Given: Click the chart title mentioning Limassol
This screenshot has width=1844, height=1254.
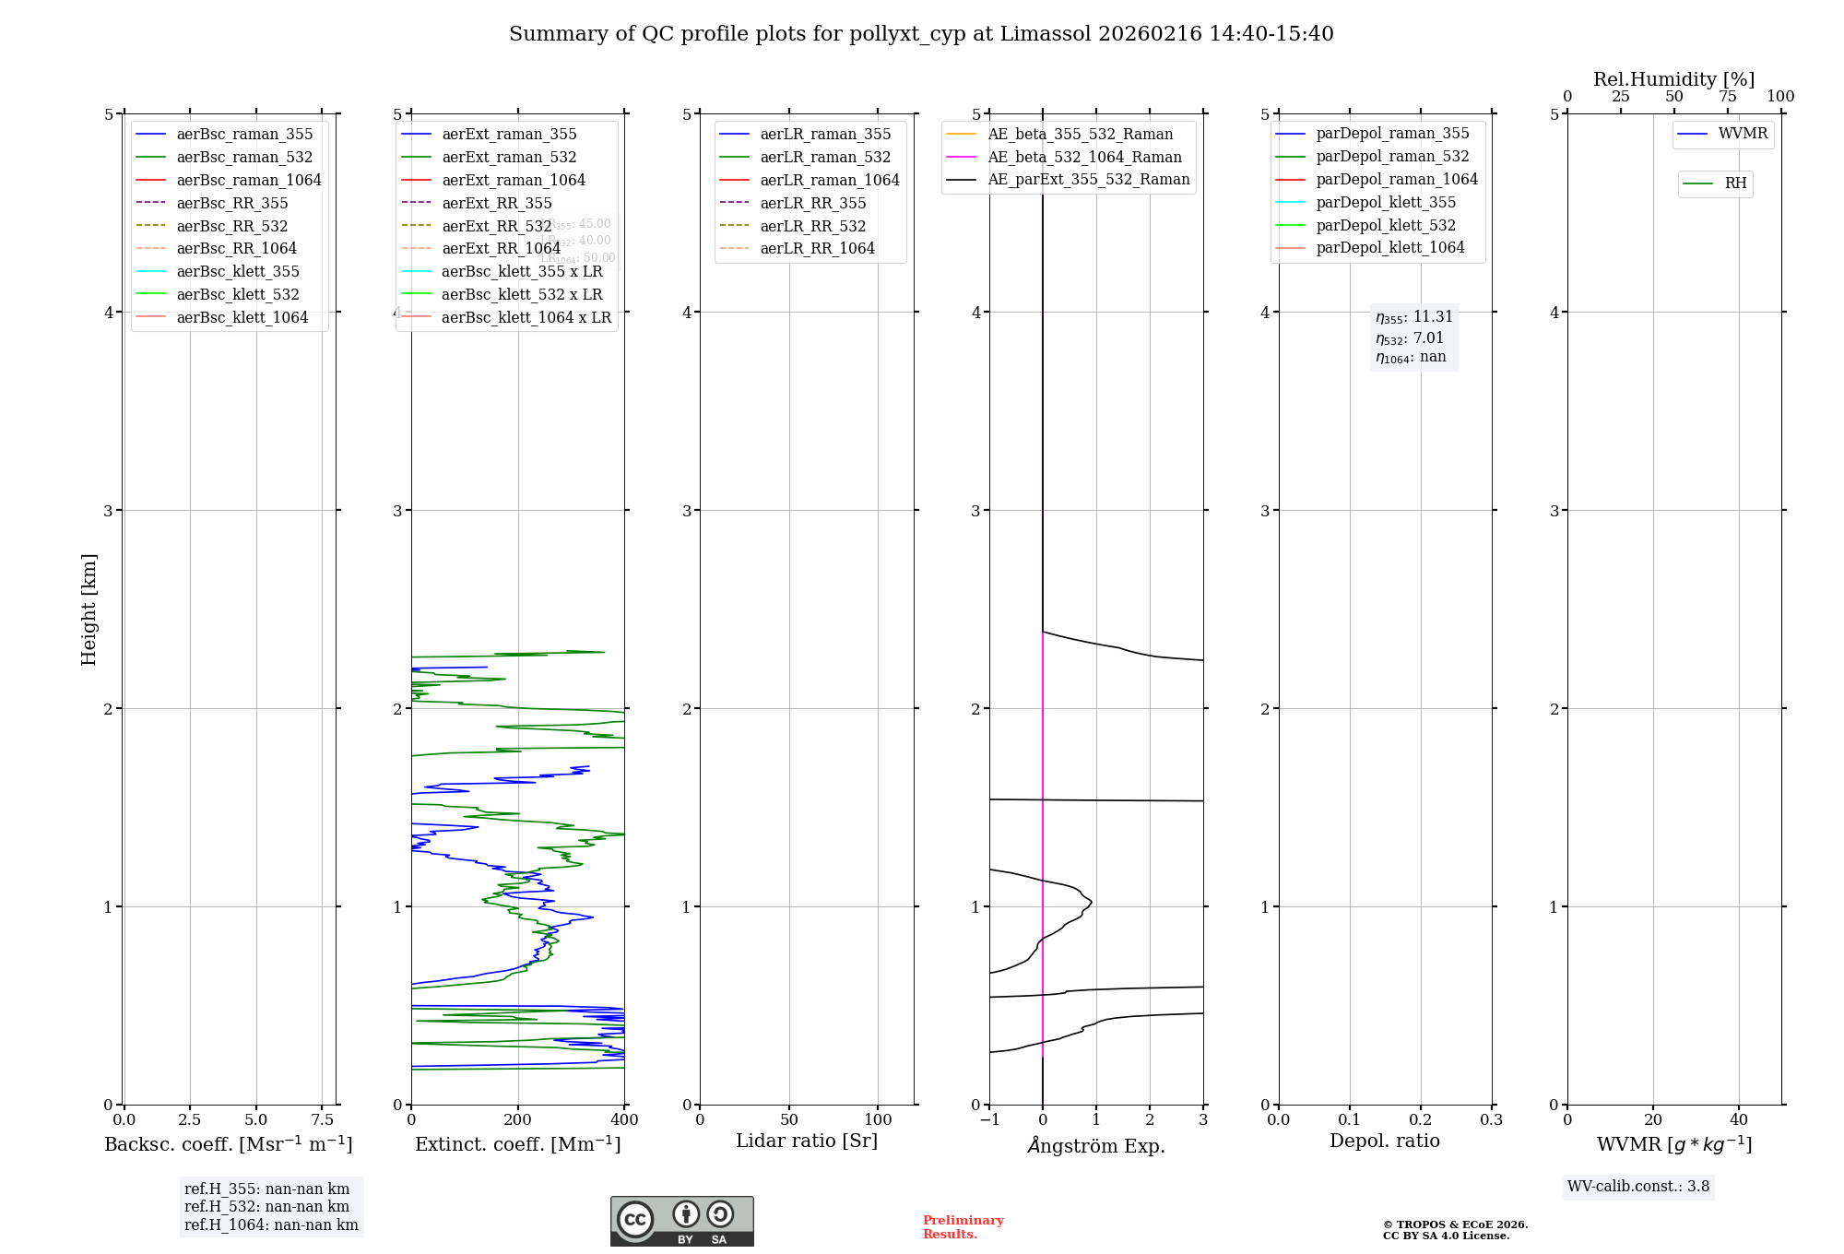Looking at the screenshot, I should (921, 34).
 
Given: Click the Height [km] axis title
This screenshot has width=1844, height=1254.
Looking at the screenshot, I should (89, 609).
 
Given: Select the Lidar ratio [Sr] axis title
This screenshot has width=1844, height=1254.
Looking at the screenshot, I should (807, 1142).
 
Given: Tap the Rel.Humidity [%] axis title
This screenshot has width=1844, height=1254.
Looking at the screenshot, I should (1673, 79).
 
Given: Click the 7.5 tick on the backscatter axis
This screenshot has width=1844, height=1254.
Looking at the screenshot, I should (322, 1120).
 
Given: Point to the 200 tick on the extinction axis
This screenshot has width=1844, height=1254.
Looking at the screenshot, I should (518, 1120).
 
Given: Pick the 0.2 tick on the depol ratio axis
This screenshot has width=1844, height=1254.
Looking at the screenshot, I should (1421, 1120).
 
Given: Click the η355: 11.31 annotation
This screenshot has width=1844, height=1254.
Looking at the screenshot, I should (1413, 317).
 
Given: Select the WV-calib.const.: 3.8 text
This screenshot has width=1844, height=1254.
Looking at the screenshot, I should (1638, 1187).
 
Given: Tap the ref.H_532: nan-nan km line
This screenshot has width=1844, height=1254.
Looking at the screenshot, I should (266, 1207).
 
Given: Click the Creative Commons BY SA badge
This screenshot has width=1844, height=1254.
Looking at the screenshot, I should (681, 1222).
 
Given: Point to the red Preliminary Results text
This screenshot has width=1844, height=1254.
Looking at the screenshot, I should (963, 1227).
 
